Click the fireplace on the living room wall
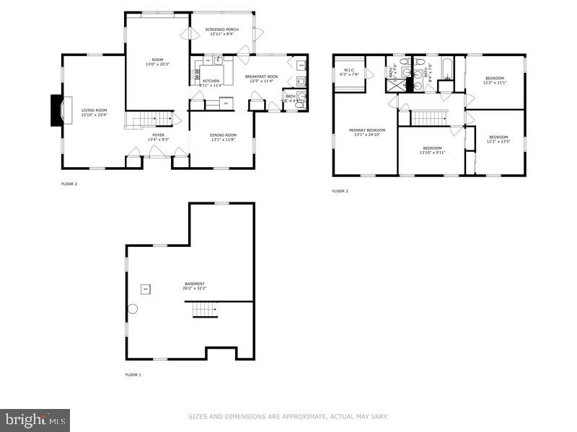coord(57,110)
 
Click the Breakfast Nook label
coord(262,78)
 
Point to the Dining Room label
coord(223,138)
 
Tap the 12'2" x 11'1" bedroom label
coord(495,80)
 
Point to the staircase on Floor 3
coord(428,117)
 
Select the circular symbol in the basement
coord(133,309)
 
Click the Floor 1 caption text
coord(133,375)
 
